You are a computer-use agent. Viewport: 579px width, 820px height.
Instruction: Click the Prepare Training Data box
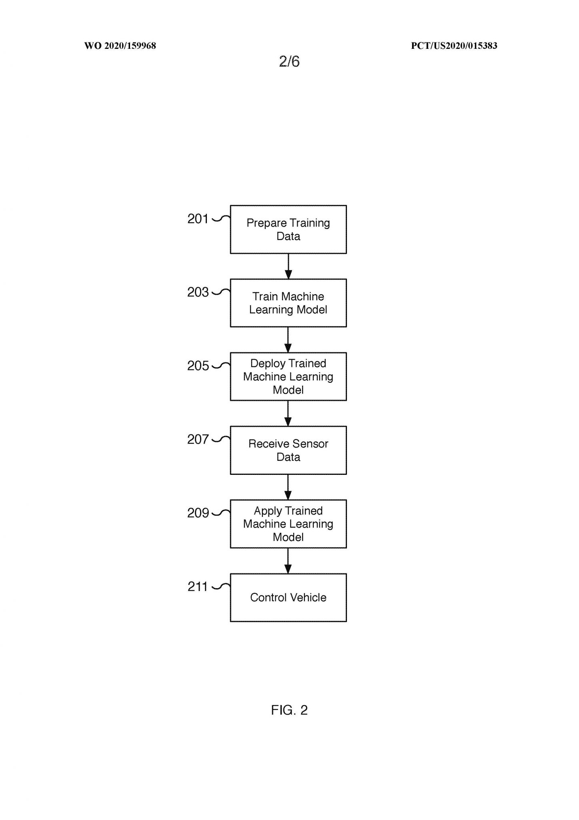click(288, 229)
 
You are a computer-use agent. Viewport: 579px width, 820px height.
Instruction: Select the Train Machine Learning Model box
click(288, 303)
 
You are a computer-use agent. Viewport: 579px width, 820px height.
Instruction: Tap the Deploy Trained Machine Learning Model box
click(288, 377)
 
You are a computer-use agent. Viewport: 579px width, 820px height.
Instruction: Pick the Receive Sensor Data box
click(288, 450)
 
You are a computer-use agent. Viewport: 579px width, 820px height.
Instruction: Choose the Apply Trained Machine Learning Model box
click(288, 524)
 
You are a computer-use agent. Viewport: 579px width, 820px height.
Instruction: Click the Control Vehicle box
click(288, 597)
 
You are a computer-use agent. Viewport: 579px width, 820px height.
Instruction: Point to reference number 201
click(198, 219)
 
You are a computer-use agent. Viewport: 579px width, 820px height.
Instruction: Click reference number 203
click(198, 292)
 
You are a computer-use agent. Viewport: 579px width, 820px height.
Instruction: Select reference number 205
click(198, 366)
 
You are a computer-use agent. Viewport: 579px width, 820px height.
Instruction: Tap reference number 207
click(198, 440)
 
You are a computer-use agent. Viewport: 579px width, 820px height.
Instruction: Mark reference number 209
click(198, 513)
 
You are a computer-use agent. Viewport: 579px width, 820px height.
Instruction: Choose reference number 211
click(198, 587)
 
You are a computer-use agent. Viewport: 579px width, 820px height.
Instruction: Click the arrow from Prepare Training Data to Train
click(288, 266)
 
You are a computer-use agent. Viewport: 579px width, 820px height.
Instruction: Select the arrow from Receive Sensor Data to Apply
click(288, 487)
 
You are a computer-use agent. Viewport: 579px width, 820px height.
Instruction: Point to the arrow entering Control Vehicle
click(288, 561)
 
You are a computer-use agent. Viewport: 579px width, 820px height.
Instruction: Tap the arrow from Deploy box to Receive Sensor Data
click(288, 414)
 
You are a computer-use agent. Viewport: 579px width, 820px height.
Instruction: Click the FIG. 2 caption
click(289, 710)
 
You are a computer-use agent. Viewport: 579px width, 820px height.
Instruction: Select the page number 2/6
click(289, 61)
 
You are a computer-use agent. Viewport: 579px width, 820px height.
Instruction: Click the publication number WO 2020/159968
click(120, 46)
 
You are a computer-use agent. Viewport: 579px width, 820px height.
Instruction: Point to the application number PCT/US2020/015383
click(454, 46)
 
